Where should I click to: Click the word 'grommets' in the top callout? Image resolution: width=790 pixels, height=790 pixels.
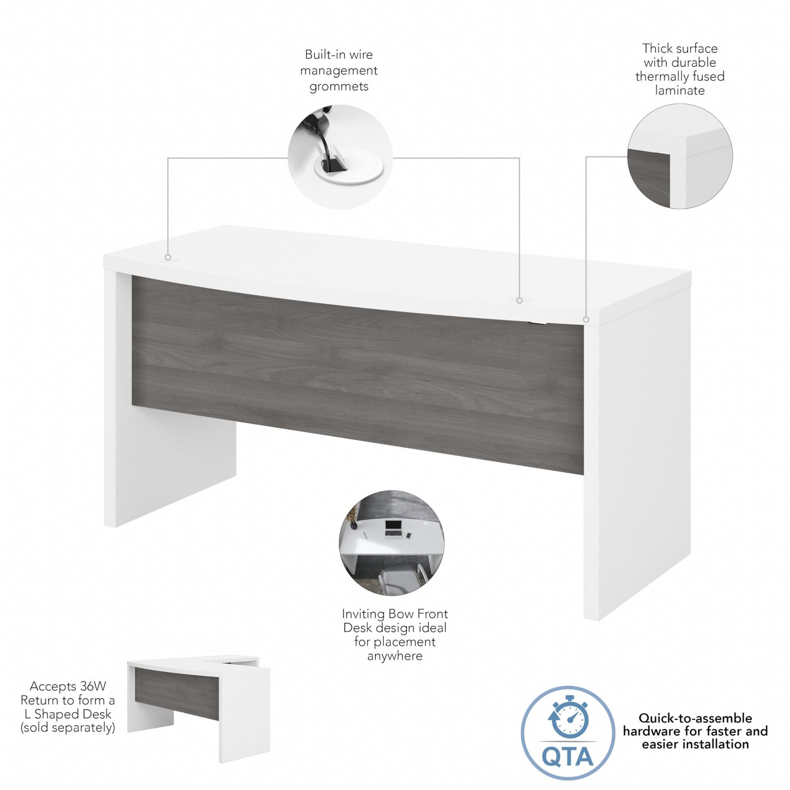[x=339, y=86]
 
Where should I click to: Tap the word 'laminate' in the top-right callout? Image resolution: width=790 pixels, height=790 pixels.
[x=679, y=91]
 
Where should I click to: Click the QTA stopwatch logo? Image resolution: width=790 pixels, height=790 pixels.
[x=568, y=733]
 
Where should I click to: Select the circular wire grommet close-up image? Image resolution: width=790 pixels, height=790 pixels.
[x=340, y=157]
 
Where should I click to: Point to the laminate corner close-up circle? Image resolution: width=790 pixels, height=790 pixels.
[x=679, y=156]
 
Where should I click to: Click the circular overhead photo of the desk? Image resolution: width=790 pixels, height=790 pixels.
[x=391, y=543]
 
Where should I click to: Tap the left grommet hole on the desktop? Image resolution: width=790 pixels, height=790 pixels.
[x=168, y=258]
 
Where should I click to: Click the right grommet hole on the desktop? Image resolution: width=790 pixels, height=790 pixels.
[x=519, y=300]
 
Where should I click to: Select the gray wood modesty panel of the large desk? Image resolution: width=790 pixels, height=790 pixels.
[x=357, y=374]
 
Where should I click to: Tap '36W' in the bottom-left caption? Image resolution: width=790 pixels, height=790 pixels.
[x=93, y=686]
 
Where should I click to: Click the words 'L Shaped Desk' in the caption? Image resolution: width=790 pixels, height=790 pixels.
[x=68, y=714]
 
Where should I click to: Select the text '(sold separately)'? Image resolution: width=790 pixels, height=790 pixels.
[x=68, y=728]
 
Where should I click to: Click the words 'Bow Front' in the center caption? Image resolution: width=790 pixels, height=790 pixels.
[x=418, y=614]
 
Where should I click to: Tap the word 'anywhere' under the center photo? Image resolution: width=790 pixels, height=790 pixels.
[x=395, y=656]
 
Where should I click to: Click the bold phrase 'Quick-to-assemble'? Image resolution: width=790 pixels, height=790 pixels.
[x=695, y=718]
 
